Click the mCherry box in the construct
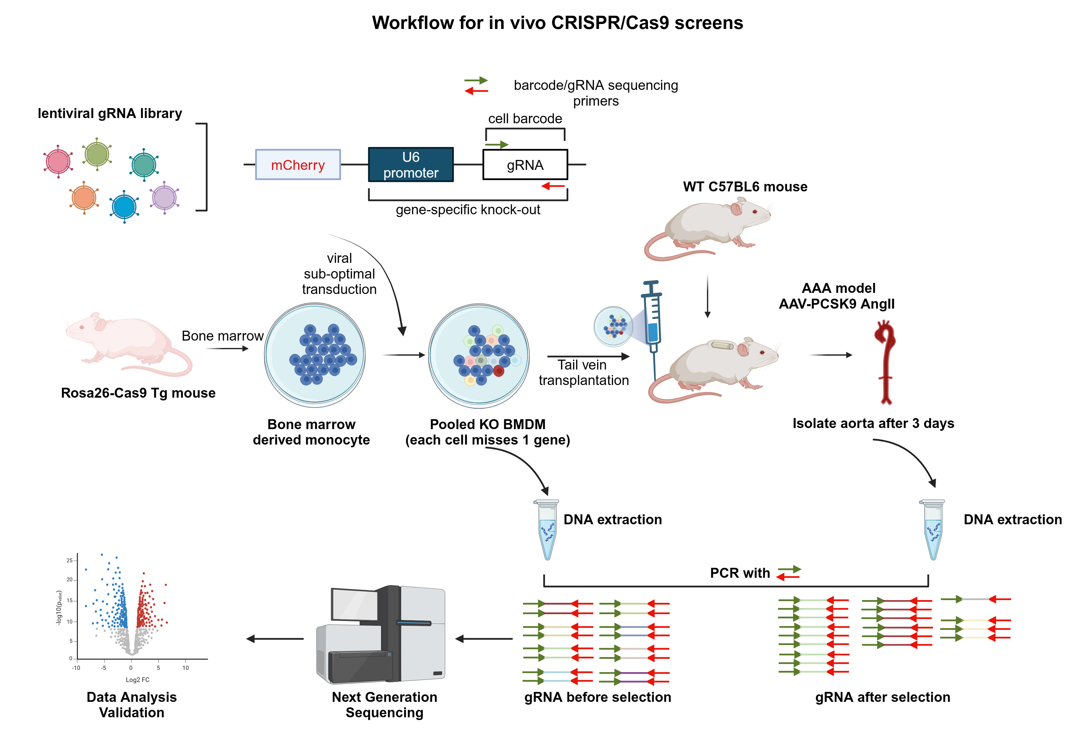(298, 165)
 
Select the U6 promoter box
(411, 165)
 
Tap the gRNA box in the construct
(525, 165)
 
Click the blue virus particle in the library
(124, 207)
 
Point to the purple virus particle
(164, 197)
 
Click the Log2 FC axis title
(137, 680)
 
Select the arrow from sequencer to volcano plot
(275, 639)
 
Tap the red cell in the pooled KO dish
(499, 371)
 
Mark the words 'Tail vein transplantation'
(583, 372)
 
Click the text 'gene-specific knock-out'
(468, 210)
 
